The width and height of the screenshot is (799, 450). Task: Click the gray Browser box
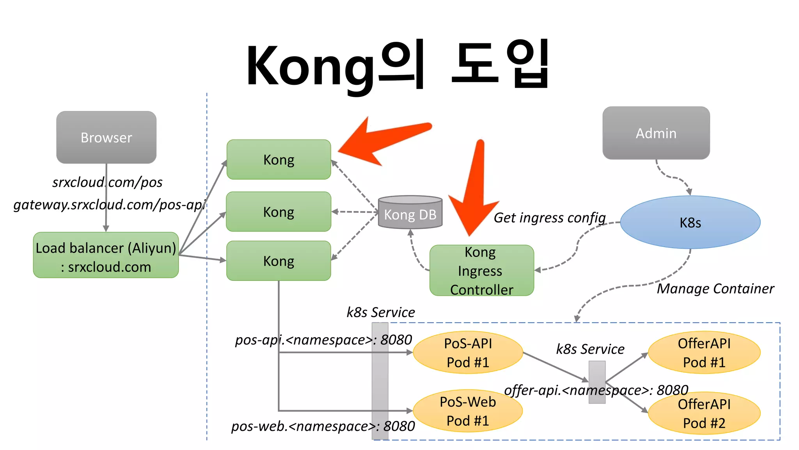point(106,137)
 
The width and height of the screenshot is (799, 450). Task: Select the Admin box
point(656,133)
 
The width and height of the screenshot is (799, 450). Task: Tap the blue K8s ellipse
point(690,222)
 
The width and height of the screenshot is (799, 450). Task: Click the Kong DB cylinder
point(410,213)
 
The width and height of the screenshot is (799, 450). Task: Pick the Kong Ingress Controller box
point(481,270)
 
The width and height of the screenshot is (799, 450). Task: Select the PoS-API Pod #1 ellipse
point(467,352)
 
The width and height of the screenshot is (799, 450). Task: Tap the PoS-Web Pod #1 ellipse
point(467,411)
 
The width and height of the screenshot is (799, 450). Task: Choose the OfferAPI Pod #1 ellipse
point(704,352)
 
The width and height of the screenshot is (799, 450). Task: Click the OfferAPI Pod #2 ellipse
point(704,413)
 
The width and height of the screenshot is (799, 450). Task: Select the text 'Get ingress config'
point(549,218)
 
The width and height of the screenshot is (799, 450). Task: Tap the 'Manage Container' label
point(715,289)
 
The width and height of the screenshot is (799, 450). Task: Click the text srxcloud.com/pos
point(107,182)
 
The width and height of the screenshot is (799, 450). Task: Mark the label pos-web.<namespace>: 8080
point(323,426)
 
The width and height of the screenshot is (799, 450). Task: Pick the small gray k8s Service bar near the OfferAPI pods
point(597,382)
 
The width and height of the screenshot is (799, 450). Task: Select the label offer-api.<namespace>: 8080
point(596,390)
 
